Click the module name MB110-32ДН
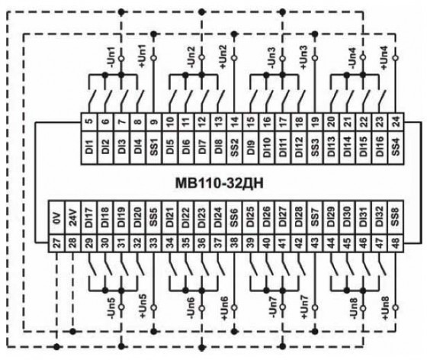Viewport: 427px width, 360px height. [x=220, y=183]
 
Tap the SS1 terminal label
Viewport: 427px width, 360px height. [x=154, y=147]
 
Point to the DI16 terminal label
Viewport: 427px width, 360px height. [x=380, y=147]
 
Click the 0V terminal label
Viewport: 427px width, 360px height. [x=56, y=217]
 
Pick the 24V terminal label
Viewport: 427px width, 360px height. [x=72, y=217]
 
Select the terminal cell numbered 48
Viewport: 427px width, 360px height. [x=396, y=243]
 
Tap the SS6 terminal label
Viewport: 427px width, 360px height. [x=235, y=217]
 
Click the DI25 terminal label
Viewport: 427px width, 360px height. [x=251, y=217]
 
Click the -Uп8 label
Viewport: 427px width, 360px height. [x=353, y=308]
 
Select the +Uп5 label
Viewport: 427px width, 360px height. [x=143, y=307]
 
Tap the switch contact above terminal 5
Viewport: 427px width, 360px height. [x=91, y=98]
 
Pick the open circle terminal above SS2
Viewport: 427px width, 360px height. [x=235, y=58]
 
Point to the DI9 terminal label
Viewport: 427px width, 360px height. [x=251, y=147]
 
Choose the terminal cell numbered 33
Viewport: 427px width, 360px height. [x=154, y=243]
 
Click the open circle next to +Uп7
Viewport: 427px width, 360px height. [x=315, y=307]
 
